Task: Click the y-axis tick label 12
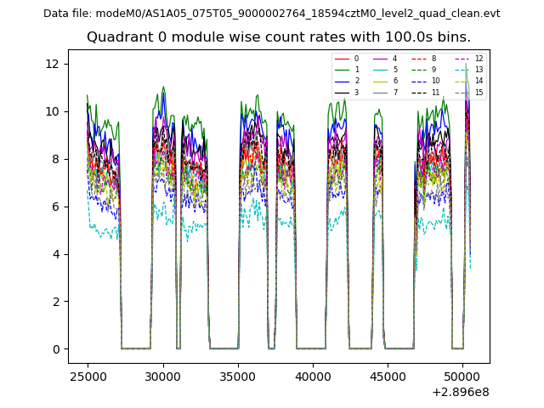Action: (52, 64)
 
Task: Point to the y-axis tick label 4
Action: (55, 254)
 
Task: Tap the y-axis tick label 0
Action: (55, 349)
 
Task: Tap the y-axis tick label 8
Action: (55, 159)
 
